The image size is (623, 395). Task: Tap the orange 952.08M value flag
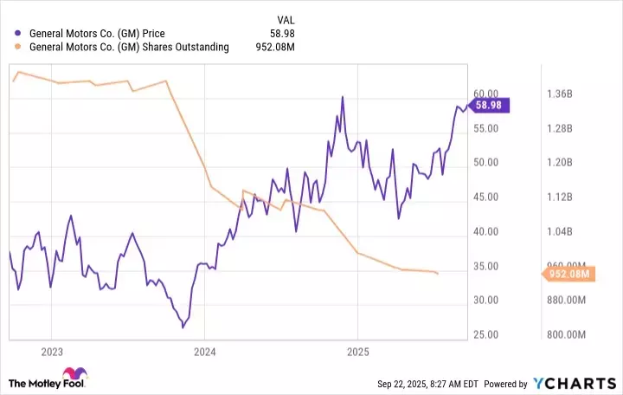click(x=568, y=275)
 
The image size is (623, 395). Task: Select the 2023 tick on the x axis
click(x=51, y=352)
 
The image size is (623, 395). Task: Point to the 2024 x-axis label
click(x=205, y=352)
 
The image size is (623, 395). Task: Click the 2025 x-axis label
click(x=358, y=352)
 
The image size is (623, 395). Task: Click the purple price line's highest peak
click(x=343, y=97)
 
